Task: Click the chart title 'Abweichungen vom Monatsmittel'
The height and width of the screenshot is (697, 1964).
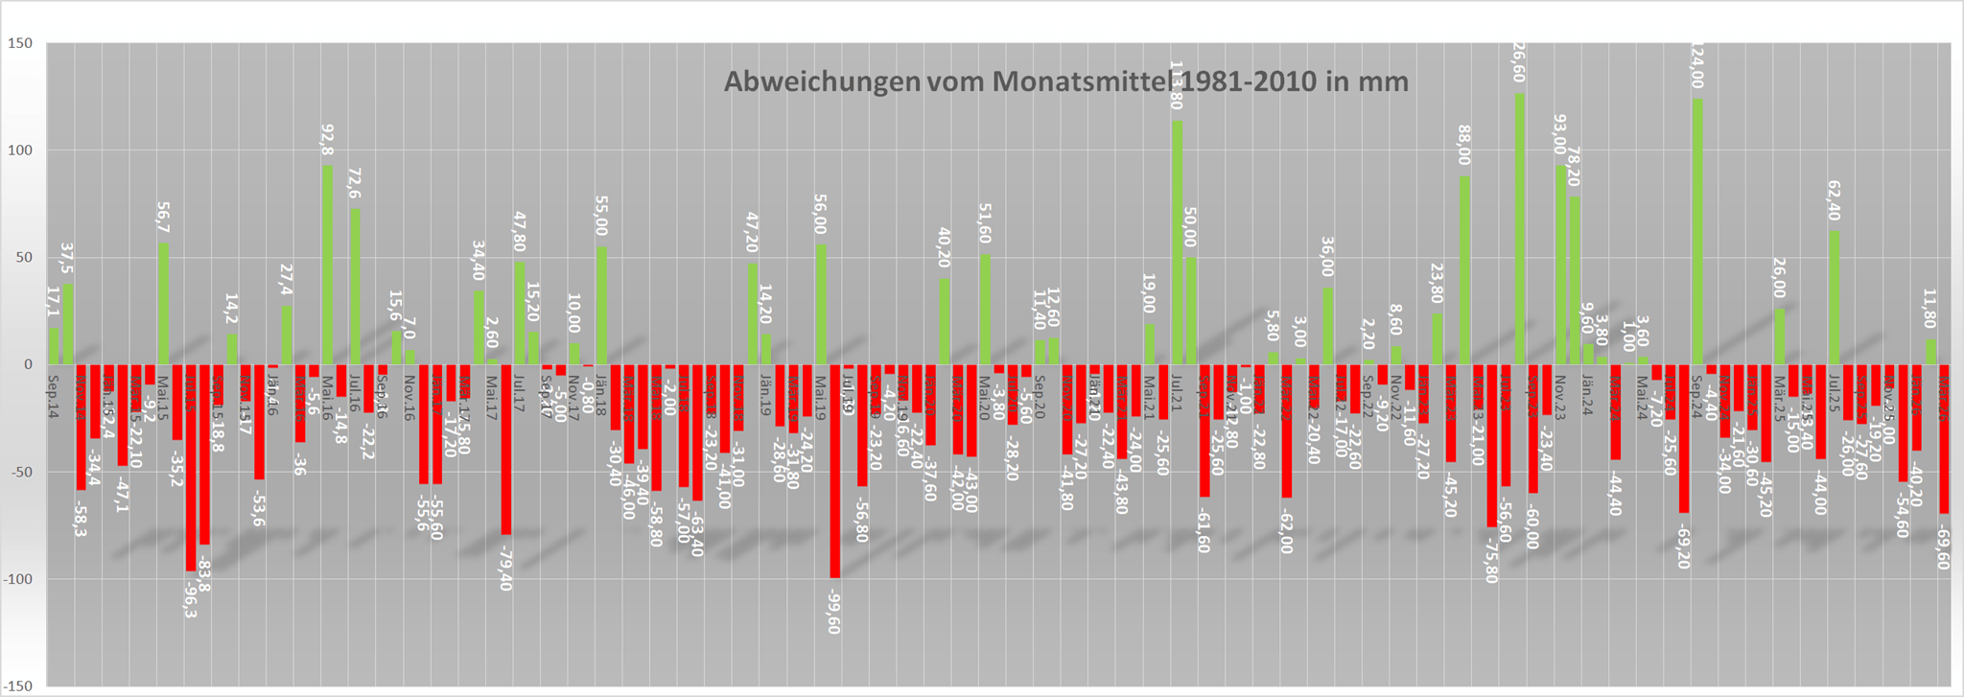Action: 1065,81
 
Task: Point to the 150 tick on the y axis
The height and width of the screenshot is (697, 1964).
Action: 21,44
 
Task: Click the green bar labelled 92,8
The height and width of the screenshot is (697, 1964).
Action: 328,265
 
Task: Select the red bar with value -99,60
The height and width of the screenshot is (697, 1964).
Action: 835,470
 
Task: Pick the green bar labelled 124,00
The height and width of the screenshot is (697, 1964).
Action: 1698,231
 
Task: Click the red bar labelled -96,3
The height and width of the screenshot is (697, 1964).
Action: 191,467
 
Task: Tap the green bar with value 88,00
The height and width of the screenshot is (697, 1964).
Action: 1464,269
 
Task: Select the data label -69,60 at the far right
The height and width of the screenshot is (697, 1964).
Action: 1944,547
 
